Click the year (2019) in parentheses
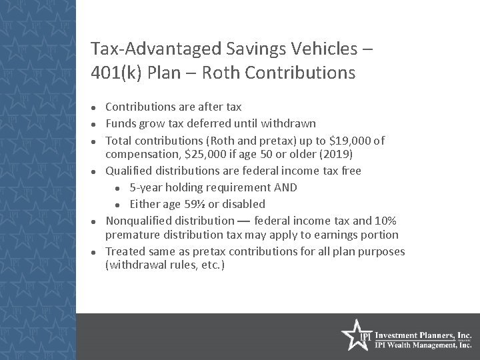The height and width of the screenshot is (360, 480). (342, 155)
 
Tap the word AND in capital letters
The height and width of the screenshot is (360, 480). (285, 187)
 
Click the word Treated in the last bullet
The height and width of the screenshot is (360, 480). (125, 251)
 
